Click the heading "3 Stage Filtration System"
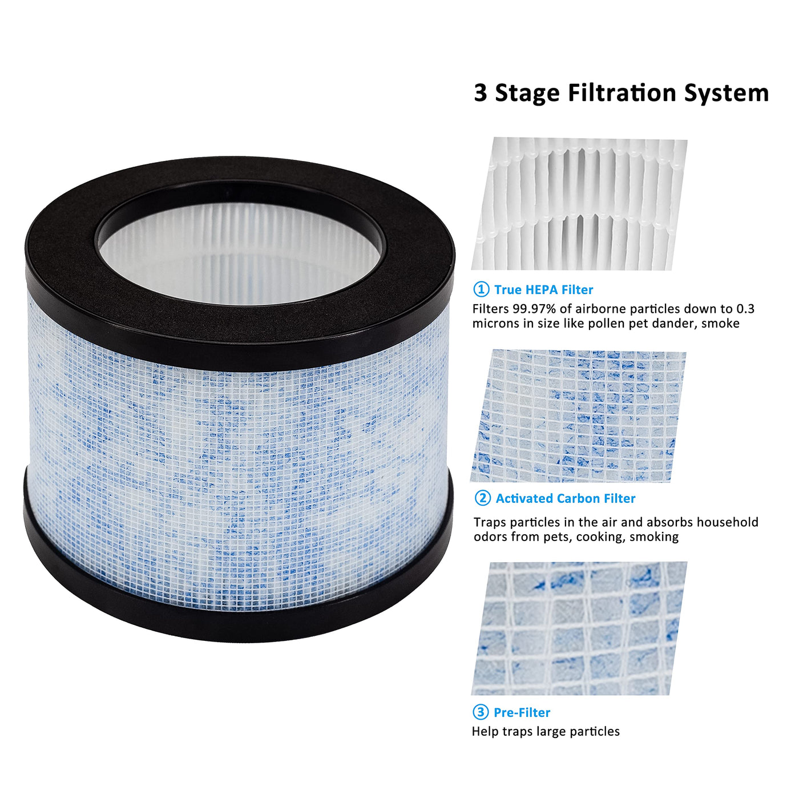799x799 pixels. click(621, 93)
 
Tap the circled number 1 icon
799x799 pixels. click(481, 289)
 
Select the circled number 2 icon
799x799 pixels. click(482, 498)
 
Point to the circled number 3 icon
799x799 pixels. click(480, 712)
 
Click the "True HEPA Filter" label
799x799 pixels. click(543, 289)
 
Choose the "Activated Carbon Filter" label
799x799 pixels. click(566, 498)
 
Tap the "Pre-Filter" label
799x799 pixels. click(522, 712)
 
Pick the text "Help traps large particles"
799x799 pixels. click(546, 732)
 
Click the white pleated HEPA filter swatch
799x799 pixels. click(579, 204)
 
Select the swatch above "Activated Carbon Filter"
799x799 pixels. click(578, 416)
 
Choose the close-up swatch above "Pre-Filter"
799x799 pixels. click(579, 628)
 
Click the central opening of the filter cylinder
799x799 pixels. click(240, 252)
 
